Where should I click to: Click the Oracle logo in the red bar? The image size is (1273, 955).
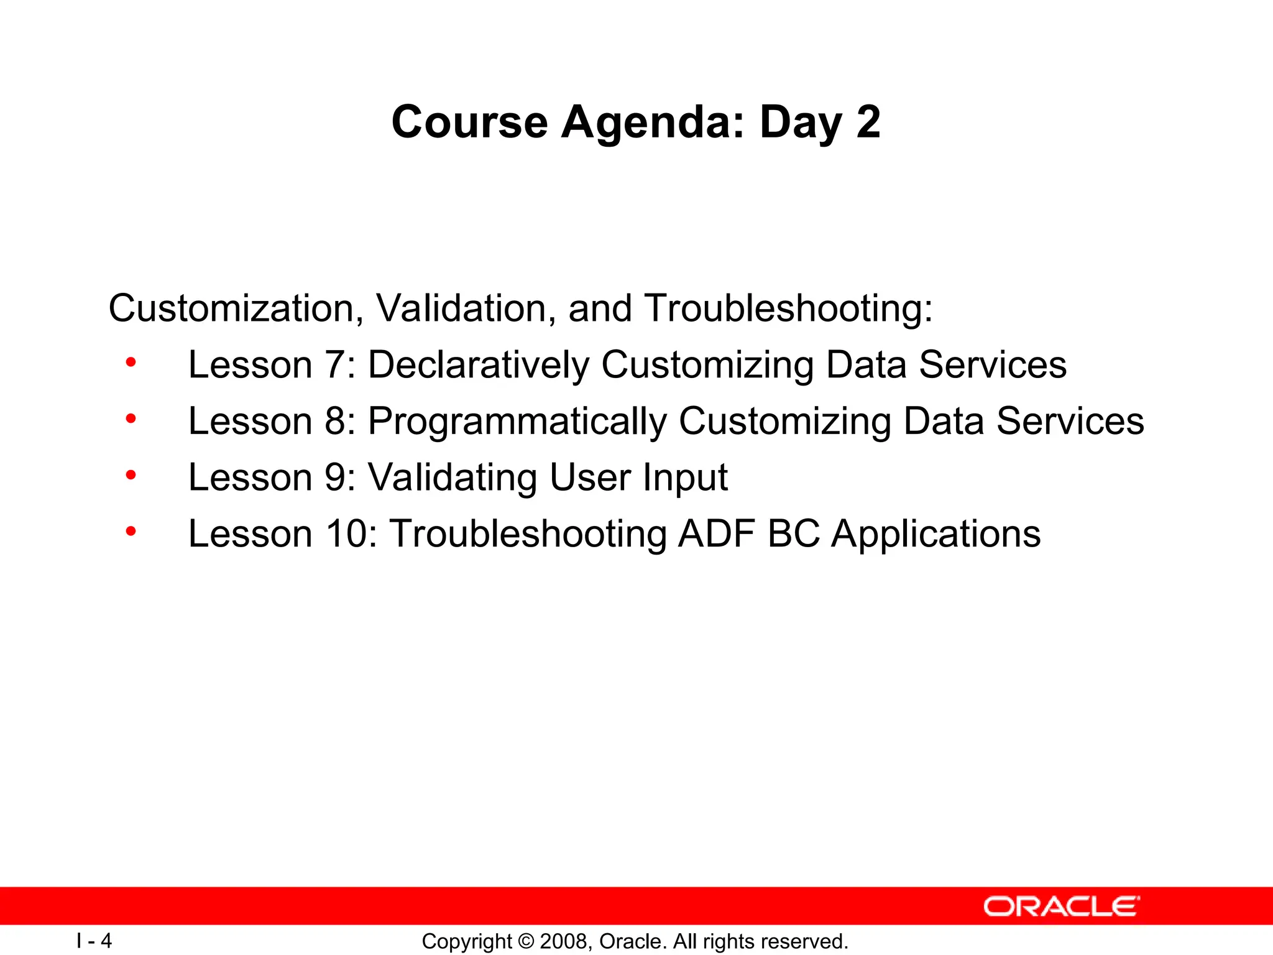[1061, 907]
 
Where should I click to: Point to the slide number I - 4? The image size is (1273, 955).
[94, 941]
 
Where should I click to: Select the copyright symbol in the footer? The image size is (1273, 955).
[526, 941]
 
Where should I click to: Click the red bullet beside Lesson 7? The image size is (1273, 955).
[131, 362]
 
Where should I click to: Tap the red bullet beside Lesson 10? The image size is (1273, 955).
[131, 532]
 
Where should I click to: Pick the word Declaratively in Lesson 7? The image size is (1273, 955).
[478, 365]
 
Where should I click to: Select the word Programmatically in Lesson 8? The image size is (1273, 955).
[517, 422]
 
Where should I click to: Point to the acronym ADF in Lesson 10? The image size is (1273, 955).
[716, 534]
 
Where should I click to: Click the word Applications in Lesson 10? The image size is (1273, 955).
[935, 534]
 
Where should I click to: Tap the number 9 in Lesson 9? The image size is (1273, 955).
[336, 477]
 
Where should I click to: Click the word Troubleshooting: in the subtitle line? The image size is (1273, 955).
[789, 308]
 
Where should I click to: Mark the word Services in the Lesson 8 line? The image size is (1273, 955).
[1070, 422]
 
